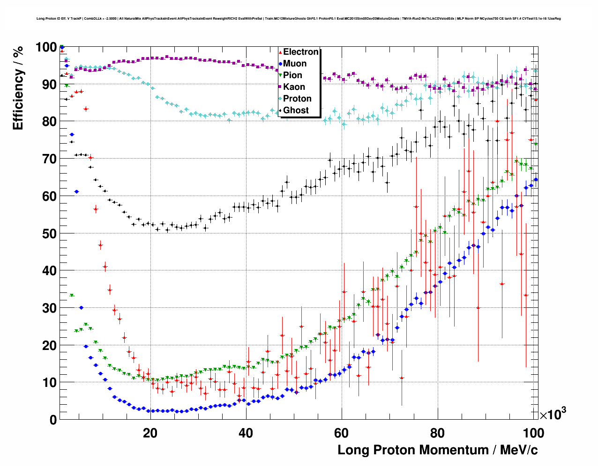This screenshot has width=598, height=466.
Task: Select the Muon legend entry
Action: point(295,64)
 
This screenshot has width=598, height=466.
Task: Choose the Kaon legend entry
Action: point(294,87)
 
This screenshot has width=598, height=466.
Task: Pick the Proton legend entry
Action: point(297,99)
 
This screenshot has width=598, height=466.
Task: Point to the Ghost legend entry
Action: point(296,110)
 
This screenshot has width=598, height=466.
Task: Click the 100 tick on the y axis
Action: point(46,47)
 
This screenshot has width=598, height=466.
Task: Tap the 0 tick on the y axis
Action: point(53,420)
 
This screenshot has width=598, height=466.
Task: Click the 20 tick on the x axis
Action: point(150,433)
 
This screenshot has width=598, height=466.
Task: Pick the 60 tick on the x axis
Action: point(342,433)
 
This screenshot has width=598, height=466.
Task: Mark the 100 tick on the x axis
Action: point(533,433)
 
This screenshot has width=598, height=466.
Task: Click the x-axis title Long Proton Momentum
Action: point(438,450)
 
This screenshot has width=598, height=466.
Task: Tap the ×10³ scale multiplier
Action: point(553,414)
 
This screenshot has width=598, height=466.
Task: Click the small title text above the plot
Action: point(299,19)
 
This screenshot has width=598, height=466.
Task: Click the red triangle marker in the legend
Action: point(280,52)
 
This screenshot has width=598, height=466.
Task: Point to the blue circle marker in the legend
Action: point(280,64)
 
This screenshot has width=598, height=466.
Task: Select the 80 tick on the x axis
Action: point(438,433)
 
